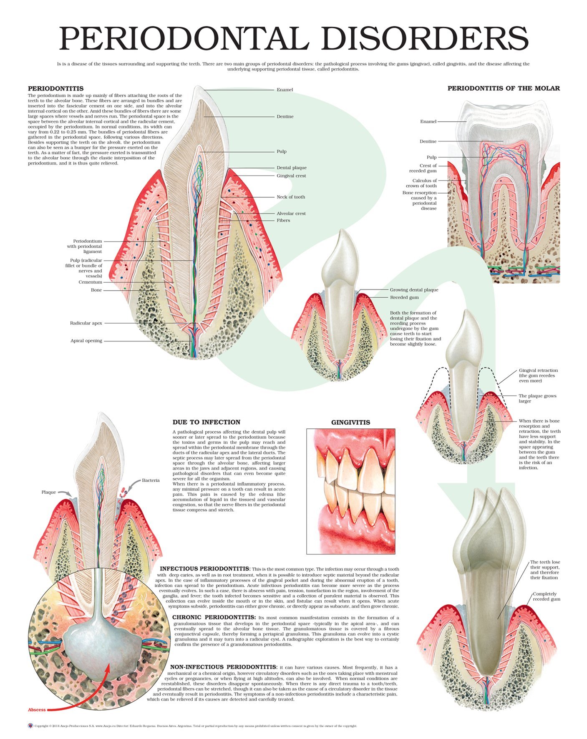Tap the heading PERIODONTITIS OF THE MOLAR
[504, 88]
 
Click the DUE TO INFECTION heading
[207, 422]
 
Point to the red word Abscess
[37, 710]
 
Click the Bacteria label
[151, 480]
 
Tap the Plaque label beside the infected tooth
[48, 492]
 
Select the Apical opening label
[86, 341]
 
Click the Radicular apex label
[86, 323]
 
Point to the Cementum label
[90, 282]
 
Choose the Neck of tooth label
[291, 197]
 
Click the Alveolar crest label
[291, 214]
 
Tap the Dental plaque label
[292, 168]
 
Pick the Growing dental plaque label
[414, 290]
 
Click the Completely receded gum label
[546, 597]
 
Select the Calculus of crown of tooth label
[422, 183]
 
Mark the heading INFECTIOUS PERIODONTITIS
[204, 569]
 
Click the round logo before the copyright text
[30, 726]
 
